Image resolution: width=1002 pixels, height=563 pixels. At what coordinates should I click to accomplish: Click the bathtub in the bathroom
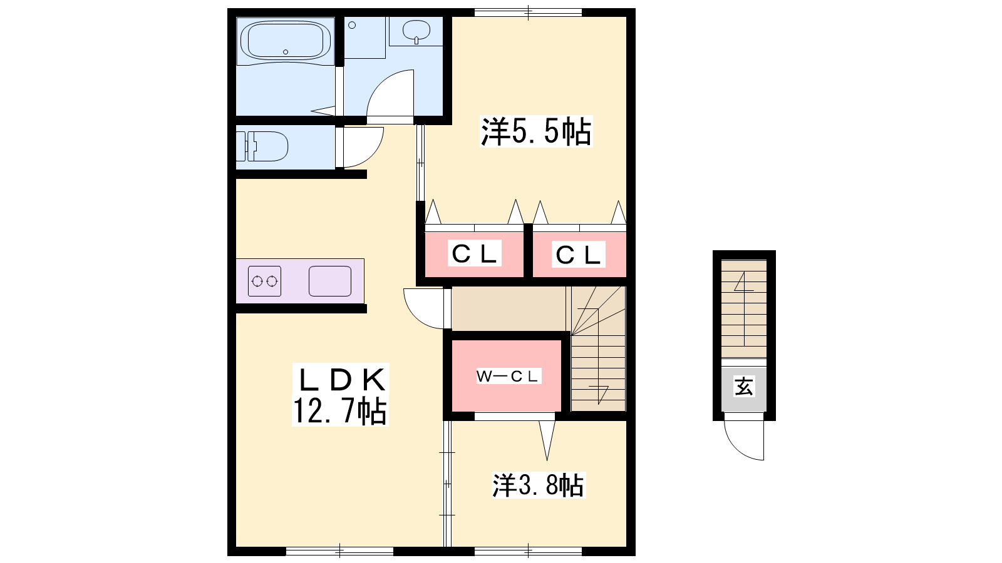pos(286,41)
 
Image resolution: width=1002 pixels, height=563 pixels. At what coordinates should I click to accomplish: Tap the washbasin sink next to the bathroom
pos(416,31)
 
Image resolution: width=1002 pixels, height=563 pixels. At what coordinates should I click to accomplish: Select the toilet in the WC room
pos(262,146)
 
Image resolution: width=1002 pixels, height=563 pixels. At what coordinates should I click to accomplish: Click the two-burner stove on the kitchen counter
pos(265,281)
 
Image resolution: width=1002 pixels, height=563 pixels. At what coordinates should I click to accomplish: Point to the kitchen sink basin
pos(330,281)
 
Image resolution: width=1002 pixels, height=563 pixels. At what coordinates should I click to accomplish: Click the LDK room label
pos(341,380)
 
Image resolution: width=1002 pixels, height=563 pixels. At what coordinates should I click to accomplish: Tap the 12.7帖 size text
pos(340,411)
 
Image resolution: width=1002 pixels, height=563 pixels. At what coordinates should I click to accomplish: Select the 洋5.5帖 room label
pos(536,131)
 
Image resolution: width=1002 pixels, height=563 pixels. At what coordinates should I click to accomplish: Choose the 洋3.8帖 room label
pos(539,485)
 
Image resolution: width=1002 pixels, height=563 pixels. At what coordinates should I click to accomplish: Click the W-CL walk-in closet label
pos(507,376)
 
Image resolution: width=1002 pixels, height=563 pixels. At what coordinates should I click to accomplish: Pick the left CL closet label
pos(475,254)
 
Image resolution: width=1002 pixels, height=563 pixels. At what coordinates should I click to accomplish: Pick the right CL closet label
pos(578,255)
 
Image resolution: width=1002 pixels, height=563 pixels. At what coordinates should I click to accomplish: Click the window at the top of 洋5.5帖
pos(529,13)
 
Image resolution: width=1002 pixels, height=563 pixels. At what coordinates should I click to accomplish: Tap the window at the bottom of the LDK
pos(340,551)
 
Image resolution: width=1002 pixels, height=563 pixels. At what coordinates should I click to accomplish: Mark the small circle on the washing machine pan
pos(352,25)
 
